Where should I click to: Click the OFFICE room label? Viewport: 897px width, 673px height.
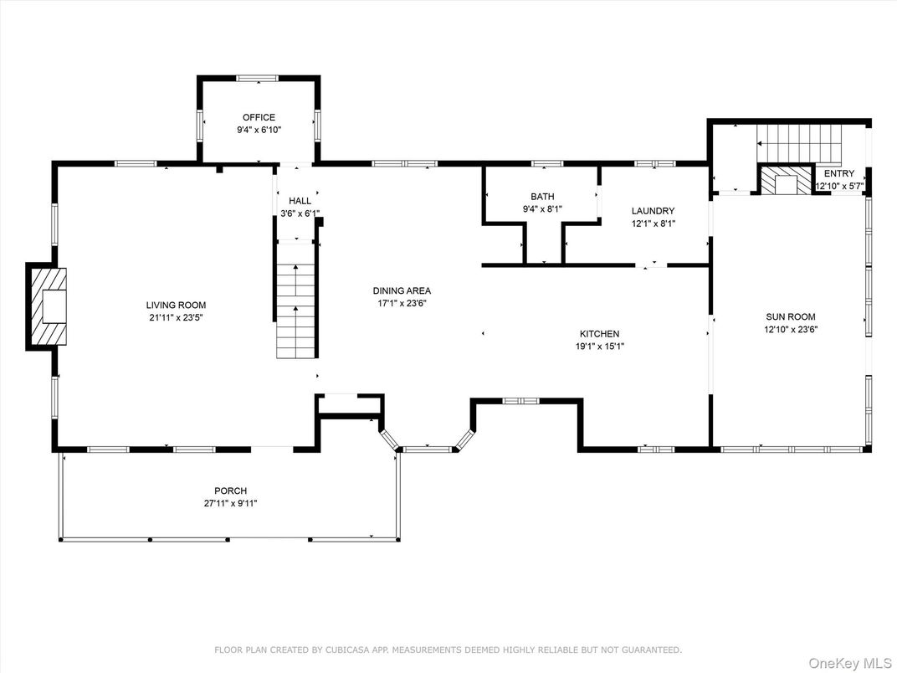[259, 117]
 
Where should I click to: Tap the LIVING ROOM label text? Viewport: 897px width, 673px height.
[177, 305]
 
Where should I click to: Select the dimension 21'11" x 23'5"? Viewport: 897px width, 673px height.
[177, 317]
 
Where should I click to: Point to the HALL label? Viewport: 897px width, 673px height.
[300, 201]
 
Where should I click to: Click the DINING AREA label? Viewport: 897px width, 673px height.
[402, 290]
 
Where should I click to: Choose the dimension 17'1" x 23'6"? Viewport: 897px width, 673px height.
[402, 303]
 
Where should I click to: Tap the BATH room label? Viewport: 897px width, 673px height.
[542, 196]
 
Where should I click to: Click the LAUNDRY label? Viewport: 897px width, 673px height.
[654, 211]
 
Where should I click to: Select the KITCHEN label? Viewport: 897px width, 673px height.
[599, 334]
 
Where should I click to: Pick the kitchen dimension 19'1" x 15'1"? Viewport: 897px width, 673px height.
[599, 347]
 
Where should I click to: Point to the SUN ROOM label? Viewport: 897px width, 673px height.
[791, 316]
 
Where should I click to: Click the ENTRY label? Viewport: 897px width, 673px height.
[839, 173]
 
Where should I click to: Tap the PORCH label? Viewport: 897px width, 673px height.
[231, 491]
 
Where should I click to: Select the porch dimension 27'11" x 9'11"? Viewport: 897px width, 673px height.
[231, 504]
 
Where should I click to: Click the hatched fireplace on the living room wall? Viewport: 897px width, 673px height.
[47, 306]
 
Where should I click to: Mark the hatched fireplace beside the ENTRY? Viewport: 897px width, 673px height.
[786, 180]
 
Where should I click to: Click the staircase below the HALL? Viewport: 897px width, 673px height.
[295, 301]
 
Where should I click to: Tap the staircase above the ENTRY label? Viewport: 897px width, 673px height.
[800, 144]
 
